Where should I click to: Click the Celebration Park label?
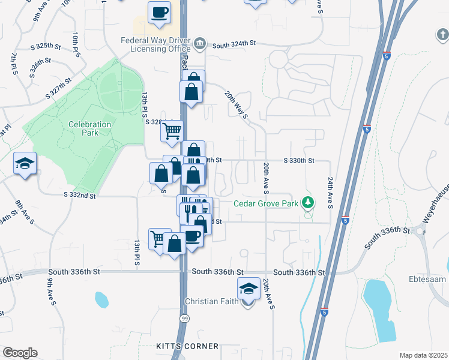[x=89, y=128]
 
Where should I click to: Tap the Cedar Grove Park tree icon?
[x=309, y=202]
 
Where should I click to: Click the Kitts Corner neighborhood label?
[x=187, y=347]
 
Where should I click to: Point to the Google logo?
[x=20, y=353]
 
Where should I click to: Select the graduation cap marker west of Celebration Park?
[x=25, y=164]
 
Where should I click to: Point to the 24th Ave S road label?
[x=330, y=193]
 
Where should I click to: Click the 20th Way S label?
[x=237, y=106]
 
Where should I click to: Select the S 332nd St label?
[x=79, y=195]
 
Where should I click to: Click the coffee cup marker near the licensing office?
[x=159, y=13]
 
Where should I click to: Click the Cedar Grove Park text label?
[x=265, y=203]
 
